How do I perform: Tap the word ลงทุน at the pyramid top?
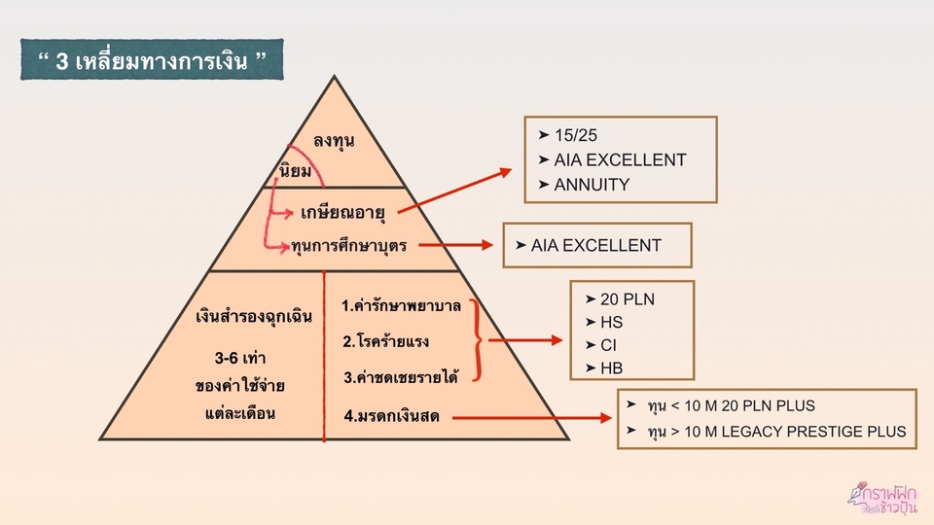334,141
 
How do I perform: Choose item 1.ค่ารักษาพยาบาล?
401,305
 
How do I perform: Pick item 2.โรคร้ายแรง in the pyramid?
386,341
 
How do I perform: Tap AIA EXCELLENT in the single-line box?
595,245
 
